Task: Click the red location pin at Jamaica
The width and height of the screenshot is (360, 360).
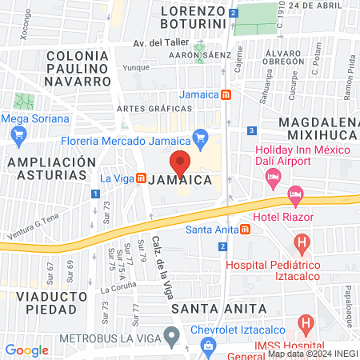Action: point(181,162)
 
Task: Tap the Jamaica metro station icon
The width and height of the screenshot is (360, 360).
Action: point(226,94)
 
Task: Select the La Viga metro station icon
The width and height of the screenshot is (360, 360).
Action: point(141,178)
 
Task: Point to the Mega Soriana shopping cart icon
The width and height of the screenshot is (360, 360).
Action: point(18,135)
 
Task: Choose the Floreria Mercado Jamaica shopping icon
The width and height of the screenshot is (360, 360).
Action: point(201,138)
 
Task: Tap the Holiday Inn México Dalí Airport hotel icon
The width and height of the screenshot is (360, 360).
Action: point(274,174)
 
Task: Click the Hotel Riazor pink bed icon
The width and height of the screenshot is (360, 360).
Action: point(296,194)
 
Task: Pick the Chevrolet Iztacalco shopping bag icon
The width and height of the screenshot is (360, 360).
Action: point(208,346)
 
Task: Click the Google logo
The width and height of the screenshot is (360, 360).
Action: point(26,350)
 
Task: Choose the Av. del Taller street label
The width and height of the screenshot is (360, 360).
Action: point(159,42)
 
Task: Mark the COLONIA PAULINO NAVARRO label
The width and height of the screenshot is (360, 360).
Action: point(78,68)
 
